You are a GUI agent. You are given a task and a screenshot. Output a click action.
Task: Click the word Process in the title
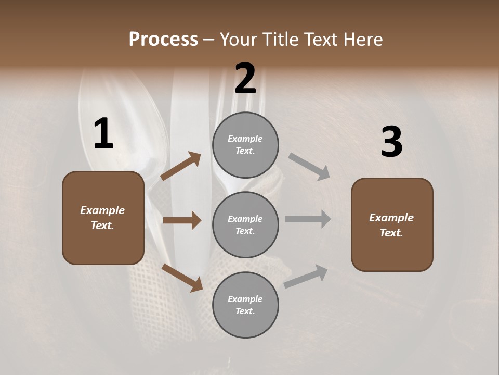(163, 40)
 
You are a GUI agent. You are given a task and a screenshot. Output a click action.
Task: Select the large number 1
(103, 134)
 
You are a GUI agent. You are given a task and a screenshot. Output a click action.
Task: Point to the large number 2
(245, 79)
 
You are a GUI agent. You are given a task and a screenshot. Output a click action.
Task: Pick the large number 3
(391, 142)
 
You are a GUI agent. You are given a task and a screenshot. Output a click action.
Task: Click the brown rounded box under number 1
(103, 218)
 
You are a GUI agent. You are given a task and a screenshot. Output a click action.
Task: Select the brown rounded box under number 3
(392, 225)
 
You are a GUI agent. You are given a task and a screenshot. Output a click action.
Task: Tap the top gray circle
(245, 145)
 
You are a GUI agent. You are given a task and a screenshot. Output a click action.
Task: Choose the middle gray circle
(245, 225)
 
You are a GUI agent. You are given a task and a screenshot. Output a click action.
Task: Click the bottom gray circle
(245, 305)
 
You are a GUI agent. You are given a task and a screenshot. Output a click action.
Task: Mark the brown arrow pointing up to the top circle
(180, 166)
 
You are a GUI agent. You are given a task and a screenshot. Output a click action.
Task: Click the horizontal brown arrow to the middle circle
(182, 220)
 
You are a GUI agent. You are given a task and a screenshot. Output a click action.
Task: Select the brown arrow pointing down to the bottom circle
(182, 278)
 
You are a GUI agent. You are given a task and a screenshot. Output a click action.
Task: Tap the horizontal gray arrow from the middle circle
(308, 219)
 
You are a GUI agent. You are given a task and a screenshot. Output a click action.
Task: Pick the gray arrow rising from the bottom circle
(306, 276)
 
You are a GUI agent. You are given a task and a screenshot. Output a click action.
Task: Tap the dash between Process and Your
(209, 40)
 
